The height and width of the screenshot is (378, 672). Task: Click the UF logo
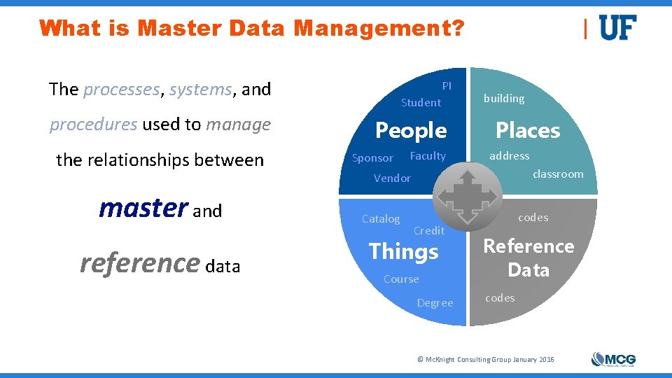[x=618, y=28]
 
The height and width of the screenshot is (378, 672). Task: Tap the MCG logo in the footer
[x=613, y=359]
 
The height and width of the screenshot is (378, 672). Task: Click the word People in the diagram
[x=411, y=130]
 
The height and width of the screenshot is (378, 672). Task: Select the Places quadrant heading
[x=528, y=130]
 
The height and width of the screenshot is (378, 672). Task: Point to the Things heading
[x=404, y=251]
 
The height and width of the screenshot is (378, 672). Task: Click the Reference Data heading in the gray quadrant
[x=528, y=258]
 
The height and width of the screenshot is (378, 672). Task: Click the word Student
[x=421, y=103]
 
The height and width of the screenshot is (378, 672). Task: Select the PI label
[x=447, y=85]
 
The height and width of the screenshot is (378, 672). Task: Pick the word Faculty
[x=428, y=155]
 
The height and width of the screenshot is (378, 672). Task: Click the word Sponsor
[x=372, y=158]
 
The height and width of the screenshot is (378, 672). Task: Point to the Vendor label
[x=392, y=178]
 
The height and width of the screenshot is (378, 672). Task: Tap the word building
[x=504, y=99]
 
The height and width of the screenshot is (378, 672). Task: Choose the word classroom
[x=558, y=174]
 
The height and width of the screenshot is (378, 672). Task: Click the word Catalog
[x=381, y=219]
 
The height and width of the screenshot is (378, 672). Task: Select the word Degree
[x=435, y=303]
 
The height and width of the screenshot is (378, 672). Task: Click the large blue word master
[x=143, y=207]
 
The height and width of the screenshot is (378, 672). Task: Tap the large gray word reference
[x=140, y=263]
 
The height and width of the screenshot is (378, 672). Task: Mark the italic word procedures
[x=93, y=125]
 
